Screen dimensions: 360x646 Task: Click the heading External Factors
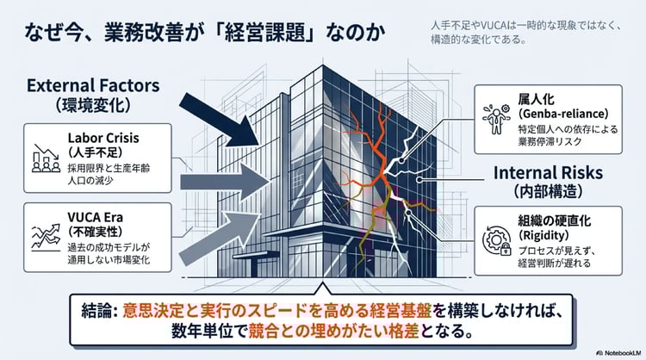coord(94,86)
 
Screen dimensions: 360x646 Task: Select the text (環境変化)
coord(94,107)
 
